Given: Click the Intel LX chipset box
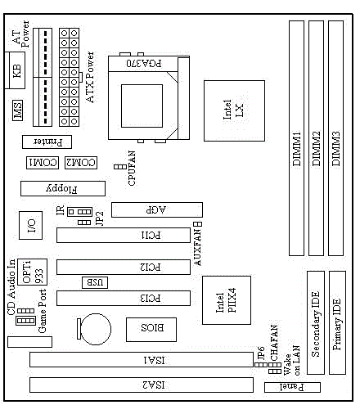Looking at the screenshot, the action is coord(234,110).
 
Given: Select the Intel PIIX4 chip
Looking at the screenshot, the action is coord(227,300).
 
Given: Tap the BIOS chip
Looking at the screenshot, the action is coord(151,330).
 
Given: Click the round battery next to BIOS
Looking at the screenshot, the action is coord(96,329).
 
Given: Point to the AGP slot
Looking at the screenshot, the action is coord(157,209).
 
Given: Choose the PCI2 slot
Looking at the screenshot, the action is coord(124,267).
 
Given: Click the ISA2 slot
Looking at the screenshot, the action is coord(142,385).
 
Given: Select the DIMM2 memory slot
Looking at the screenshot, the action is coord(316,138).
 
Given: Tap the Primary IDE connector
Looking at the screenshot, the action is coord(337,322).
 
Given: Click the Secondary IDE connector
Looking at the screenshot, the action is coord(316,322).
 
